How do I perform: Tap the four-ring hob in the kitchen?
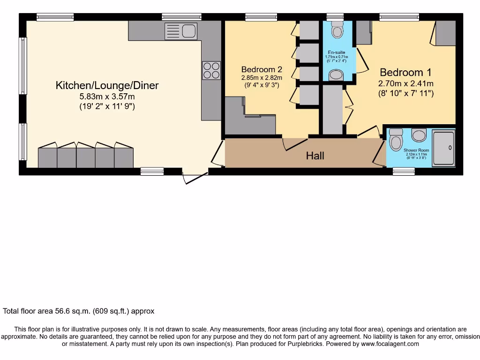point(211,70)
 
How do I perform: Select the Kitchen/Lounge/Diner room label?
point(107,85)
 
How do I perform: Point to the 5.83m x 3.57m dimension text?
point(107,96)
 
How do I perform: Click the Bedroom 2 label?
point(262,69)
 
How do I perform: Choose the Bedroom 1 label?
point(405,72)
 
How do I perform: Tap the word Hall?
point(315,156)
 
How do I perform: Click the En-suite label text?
point(336,52)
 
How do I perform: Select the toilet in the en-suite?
point(337,30)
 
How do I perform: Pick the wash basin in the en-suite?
point(336,75)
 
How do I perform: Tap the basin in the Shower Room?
point(419,135)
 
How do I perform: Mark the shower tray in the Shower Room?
point(443,148)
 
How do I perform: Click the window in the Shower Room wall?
point(404,172)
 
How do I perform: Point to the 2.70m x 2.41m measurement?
point(405,83)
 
